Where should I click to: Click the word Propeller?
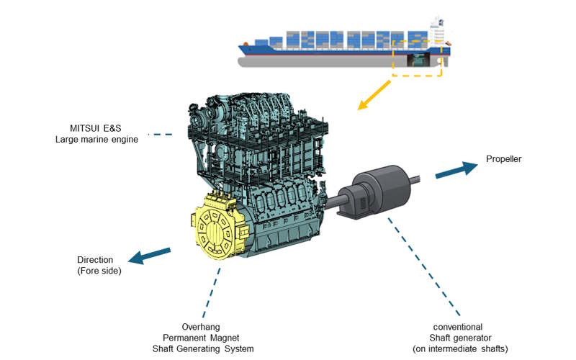pyautogui.click(x=503, y=159)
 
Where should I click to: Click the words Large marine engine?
pyautogui.click(x=96, y=139)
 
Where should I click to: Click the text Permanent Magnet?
pyautogui.click(x=208, y=338)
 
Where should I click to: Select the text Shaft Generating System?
pyautogui.click(x=208, y=348)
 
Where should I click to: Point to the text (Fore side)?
pyautogui.click(x=99, y=271)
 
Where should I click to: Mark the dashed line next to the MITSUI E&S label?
pyautogui.click(x=160, y=134)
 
